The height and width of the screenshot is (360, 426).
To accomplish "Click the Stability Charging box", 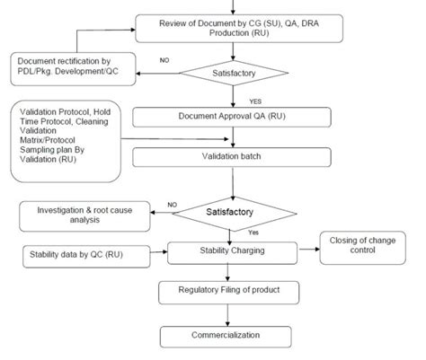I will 232,254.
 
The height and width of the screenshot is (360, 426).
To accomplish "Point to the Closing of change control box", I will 366,248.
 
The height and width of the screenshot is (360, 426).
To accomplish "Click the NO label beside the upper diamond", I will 163,60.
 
